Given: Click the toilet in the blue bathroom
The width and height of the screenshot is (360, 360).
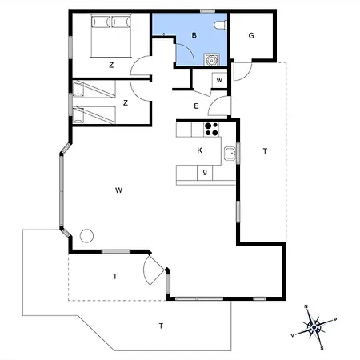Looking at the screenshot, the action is (x=221, y=25).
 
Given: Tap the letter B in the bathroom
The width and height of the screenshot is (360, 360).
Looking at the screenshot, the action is (x=194, y=35).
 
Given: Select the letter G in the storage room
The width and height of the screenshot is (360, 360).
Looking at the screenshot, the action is (x=251, y=35).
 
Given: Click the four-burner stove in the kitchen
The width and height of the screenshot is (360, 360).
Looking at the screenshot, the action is (x=212, y=129).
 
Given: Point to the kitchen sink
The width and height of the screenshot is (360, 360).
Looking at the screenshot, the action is (x=230, y=154).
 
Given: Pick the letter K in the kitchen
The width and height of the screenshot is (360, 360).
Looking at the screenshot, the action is (x=199, y=150).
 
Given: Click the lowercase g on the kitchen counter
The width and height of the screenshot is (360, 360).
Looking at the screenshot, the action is (x=205, y=171).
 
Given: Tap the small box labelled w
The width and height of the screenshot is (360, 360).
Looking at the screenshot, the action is (x=219, y=80).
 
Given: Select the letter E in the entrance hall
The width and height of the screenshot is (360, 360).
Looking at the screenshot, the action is (x=196, y=106).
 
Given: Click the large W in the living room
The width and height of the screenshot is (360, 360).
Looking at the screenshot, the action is (x=118, y=190).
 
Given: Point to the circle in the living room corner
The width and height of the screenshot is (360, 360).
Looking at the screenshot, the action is (x=86, y=236).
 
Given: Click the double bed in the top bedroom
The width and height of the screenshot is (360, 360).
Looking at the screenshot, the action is (x=111, y=35).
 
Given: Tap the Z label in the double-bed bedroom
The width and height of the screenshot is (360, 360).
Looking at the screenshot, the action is (x=111, y=65).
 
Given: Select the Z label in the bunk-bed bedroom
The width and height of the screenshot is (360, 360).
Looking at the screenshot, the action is (x=126, y=102).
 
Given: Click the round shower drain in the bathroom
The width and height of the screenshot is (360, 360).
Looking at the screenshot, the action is (x=211, y=60).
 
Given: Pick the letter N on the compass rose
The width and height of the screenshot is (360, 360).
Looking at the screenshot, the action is (x=306, y=306).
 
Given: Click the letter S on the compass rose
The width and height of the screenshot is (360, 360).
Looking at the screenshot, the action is (x=322, y=348).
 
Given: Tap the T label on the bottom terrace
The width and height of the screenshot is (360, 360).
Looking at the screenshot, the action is (x=161, y=326).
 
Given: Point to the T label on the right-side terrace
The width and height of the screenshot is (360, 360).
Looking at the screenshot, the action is (x=265, y=151).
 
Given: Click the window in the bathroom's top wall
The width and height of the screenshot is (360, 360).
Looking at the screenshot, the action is (x=208, y=11).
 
